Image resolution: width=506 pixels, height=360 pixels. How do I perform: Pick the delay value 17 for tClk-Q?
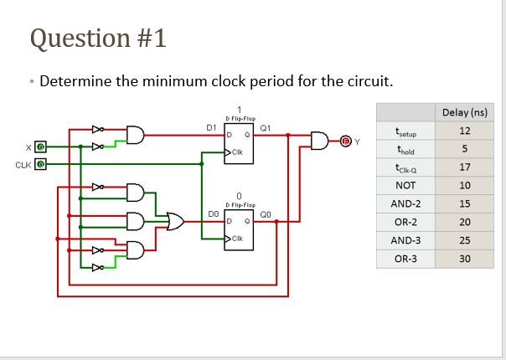465,167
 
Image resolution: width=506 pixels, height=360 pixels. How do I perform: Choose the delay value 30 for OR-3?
465,259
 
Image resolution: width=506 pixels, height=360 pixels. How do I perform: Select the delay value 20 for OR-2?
465,222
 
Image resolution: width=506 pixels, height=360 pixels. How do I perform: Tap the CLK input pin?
39,163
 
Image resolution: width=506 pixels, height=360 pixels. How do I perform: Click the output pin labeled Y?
343,140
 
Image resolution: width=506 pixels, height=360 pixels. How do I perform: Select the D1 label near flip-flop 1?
212,127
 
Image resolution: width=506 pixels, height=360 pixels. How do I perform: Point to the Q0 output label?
266,214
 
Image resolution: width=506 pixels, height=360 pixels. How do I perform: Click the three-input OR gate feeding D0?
176,221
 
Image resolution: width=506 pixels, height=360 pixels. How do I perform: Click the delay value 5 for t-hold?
465,149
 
